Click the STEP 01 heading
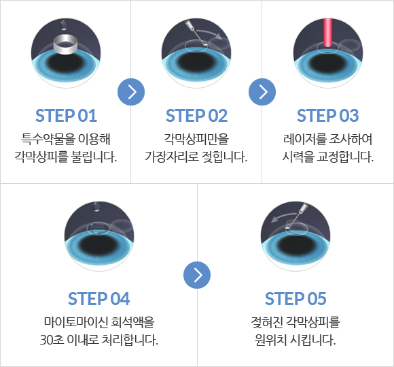[x=66, y=116]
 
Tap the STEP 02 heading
[x=196, y=116]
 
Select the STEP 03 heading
[x=327, y=116]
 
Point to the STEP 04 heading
[x=98, y=299]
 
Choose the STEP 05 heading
[x=295, y=299]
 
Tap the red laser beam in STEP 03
[x=327, y=32]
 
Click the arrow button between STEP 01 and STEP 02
[x=131, y=92]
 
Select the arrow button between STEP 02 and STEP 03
[x=262, y=92]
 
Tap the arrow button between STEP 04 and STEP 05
[x=197, y=275]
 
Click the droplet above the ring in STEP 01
[x=64, y=25]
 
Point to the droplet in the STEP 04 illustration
[x=96, y=206]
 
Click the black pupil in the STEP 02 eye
[x=196, y=62]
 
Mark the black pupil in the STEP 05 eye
[x=295, y=245]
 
